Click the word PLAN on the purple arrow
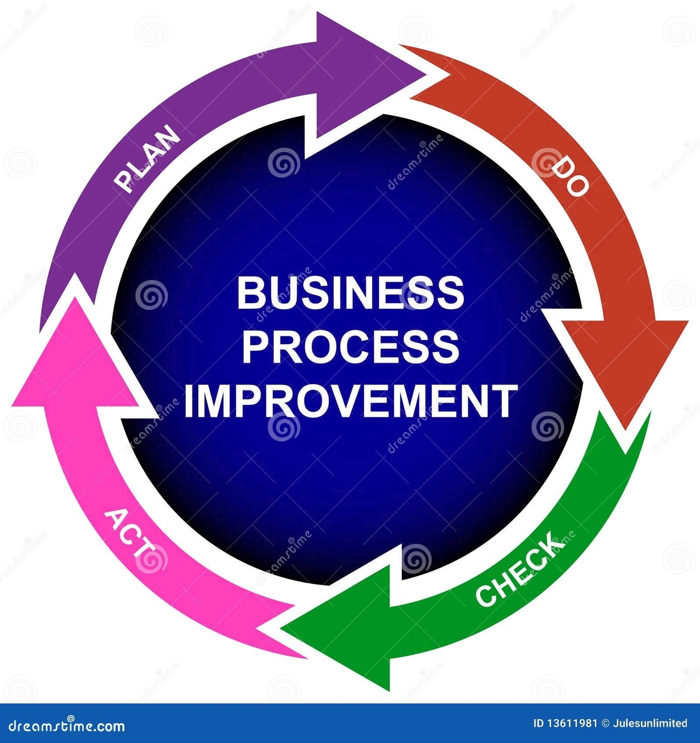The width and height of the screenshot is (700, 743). [147, 158]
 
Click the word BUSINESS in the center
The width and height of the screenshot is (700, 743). [350, 293]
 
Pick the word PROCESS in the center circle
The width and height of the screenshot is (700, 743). [350, 347]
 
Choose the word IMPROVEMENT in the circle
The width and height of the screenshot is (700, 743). [350, 401]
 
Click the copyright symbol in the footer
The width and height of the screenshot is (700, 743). [606, 723]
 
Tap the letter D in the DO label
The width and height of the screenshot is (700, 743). [561, 169]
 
